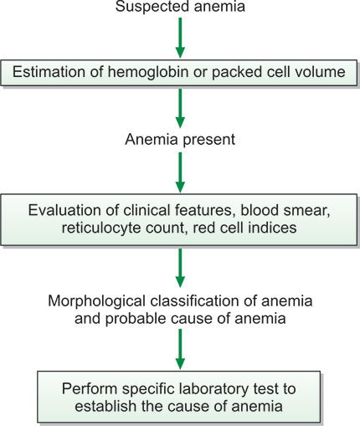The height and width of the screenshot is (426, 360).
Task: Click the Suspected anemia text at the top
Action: [x=180, y=6]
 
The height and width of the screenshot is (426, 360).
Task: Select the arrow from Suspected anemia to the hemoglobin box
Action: [x=180, y=38]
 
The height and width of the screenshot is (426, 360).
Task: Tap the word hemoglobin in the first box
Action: [x=148, y=72]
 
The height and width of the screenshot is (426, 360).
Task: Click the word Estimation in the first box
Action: [x=49, y=72]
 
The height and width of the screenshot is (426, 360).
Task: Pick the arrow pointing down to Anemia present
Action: [x=180, y=108]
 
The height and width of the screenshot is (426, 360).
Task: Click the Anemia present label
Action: [x=180, y=139]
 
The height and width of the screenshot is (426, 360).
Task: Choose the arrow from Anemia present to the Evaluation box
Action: [x=180, y=172]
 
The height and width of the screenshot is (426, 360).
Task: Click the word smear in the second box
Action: [x=307, y=211]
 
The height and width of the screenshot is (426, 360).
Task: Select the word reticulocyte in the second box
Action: [x=101, y=228]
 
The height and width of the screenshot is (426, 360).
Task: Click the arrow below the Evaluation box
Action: [x=180, y=268]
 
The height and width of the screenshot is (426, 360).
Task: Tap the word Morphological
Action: [x=96, y=301]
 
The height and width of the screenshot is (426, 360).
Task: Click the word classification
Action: [x=195, y=301]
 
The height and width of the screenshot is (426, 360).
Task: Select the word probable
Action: [x=136, y=319]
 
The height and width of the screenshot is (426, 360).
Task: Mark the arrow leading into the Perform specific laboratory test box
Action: [x=180, y=349]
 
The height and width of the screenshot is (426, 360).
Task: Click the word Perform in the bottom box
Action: [x=90, y=388]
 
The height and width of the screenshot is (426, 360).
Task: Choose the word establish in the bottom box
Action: [x=105, y=406]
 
